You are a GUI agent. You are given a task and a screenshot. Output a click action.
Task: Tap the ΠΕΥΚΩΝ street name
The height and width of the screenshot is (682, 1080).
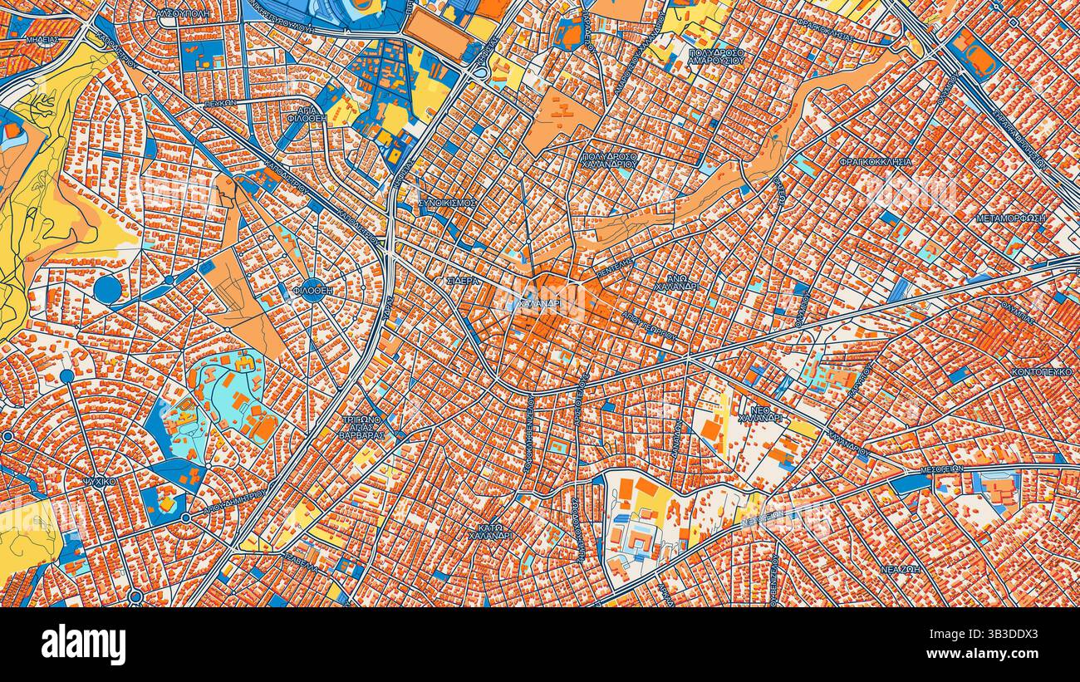tap(220, 102)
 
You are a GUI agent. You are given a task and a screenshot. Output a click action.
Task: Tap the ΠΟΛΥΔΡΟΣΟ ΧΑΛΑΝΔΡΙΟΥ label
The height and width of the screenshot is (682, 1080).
tap(609, 159)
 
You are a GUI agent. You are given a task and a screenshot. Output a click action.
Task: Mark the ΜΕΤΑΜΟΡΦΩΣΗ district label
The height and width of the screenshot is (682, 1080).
tap(1011, 218)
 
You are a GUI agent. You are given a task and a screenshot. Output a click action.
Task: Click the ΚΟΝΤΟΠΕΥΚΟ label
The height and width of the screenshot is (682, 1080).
tap(1042, 371)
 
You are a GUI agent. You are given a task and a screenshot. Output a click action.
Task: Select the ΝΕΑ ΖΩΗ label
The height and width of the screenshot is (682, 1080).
tap(901, 570)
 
